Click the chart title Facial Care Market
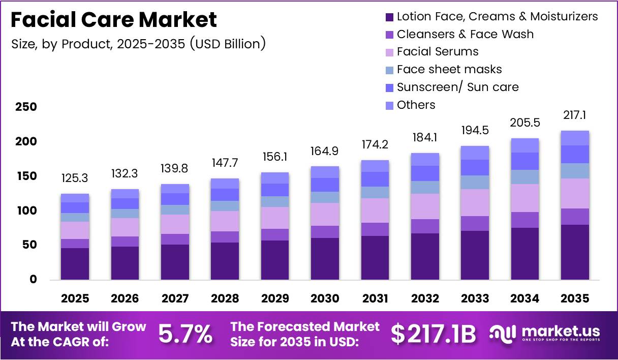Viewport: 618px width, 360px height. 114,20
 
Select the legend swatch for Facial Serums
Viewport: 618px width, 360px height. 390,52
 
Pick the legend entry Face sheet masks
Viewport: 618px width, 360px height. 449,69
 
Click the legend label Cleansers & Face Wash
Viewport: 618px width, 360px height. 465,34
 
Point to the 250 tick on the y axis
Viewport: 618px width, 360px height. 26,107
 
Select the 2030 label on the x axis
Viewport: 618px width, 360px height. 325,298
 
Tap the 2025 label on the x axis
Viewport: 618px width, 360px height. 75,298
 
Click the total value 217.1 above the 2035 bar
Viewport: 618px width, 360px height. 575,115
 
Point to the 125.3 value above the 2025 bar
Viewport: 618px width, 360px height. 75,178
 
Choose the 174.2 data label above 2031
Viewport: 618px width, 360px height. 375,145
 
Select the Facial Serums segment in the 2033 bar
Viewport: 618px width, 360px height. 475,202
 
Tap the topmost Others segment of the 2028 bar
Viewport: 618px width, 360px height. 225,183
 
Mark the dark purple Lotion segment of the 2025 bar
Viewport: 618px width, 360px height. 75,263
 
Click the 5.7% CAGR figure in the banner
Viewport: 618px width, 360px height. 185,334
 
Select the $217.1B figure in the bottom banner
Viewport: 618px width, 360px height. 433,334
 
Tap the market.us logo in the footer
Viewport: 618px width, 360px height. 545,334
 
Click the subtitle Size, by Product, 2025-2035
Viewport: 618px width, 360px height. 138,44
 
